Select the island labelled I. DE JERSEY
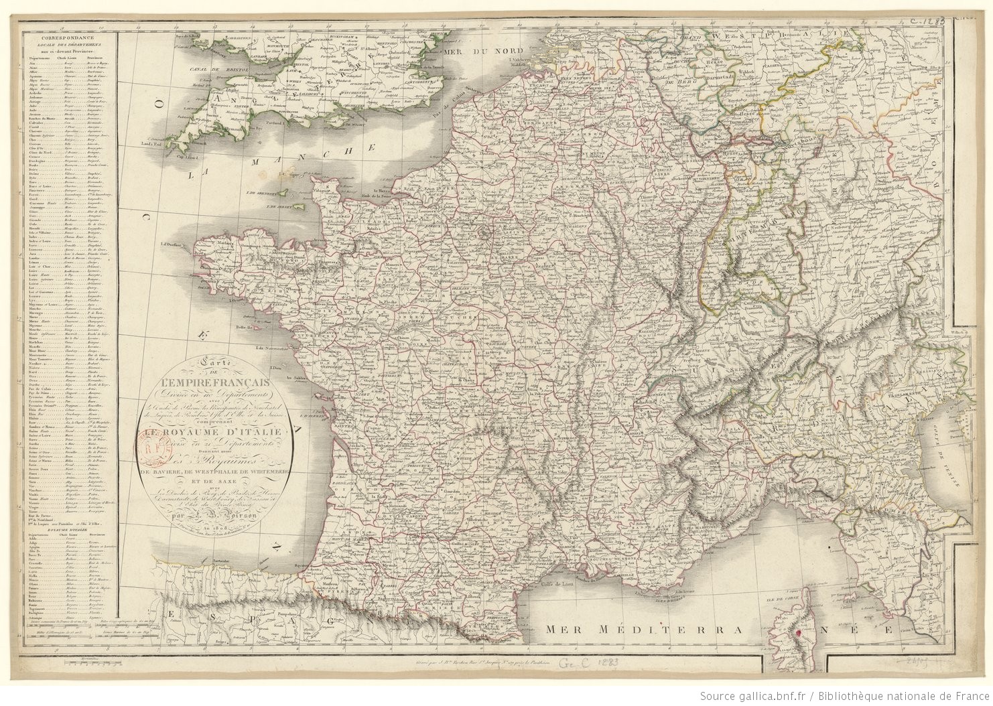coord(281,206)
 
